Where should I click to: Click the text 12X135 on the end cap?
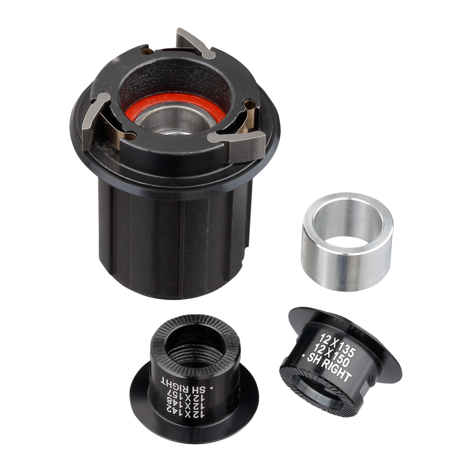coord(338,344)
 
